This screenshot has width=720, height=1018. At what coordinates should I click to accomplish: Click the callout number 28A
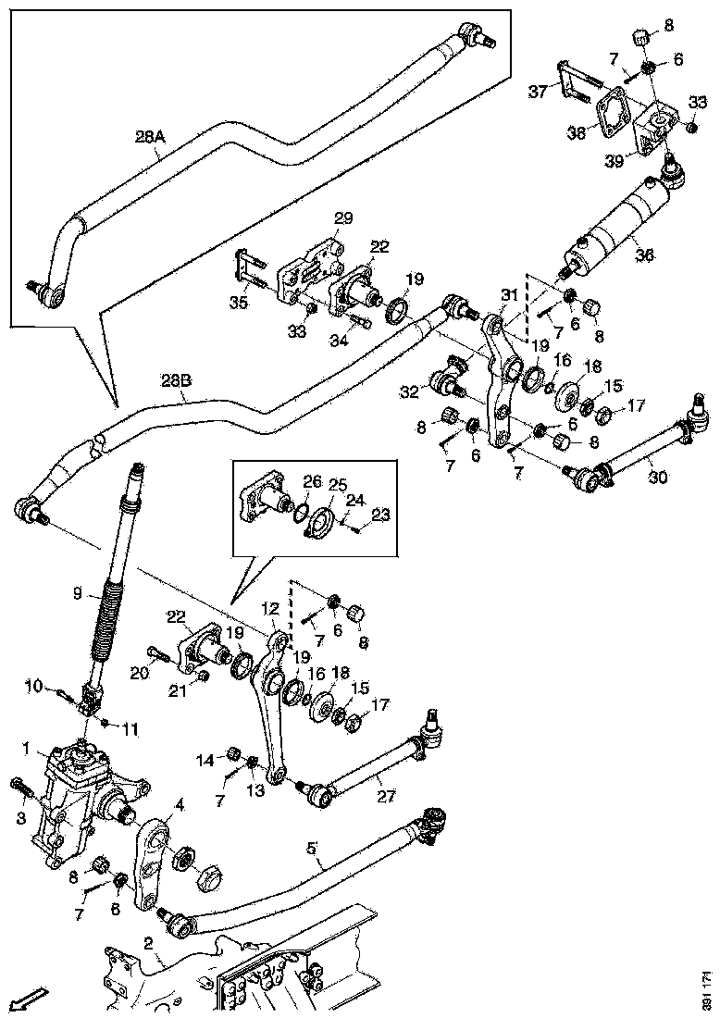pyautogui.click(x=149, y=137)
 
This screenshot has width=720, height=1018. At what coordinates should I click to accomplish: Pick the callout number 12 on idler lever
pyautogui.click(x=268, y=608)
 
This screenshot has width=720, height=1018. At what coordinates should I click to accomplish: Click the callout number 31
pyautogui.click(x=510, y=294)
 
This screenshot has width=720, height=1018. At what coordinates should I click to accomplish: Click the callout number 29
pyautogui.click(x=343, y=218)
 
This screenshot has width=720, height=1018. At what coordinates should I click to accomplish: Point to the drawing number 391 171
pyautogui.click(x=708, y=989)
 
